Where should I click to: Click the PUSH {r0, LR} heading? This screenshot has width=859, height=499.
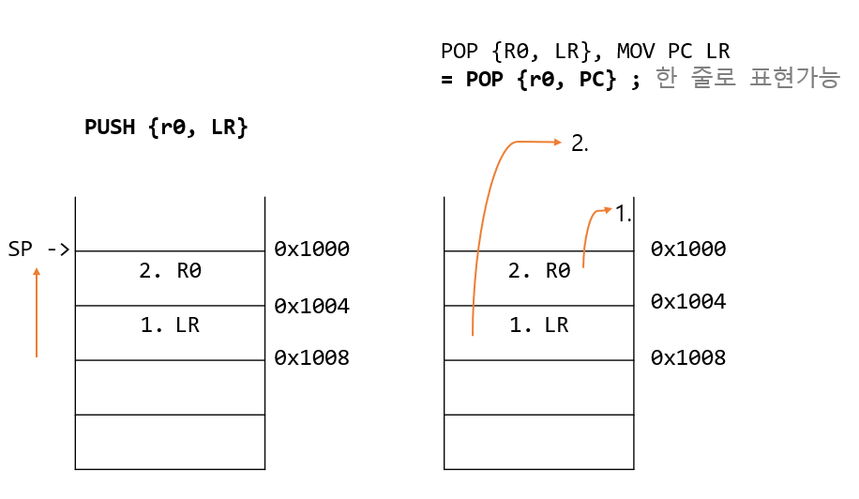click(166, 128)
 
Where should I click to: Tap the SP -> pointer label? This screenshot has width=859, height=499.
click(38, 249)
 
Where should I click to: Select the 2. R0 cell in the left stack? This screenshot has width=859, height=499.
click(170, 272)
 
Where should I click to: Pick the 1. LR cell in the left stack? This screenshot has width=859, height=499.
click(170, 325)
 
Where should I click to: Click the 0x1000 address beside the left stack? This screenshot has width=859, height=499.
click(311, 249)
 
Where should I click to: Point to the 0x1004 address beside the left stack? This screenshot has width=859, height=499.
click(311, 306)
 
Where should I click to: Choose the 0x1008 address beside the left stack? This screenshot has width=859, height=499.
click(311, 357)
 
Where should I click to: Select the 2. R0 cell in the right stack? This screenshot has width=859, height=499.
click(538, 272)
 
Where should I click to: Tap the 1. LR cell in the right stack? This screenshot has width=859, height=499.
click(538, 325)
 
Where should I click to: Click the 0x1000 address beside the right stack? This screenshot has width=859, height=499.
click(688, 249)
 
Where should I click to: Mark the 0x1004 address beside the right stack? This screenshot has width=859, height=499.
click(688, 302)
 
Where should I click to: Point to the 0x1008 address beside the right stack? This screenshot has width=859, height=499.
click(688, 357)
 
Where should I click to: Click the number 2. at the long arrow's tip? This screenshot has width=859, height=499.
click(580, 144)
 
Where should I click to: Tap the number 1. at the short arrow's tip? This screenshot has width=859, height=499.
click(624, 214)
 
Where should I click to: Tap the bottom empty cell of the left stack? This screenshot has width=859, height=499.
click(170, 442)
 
